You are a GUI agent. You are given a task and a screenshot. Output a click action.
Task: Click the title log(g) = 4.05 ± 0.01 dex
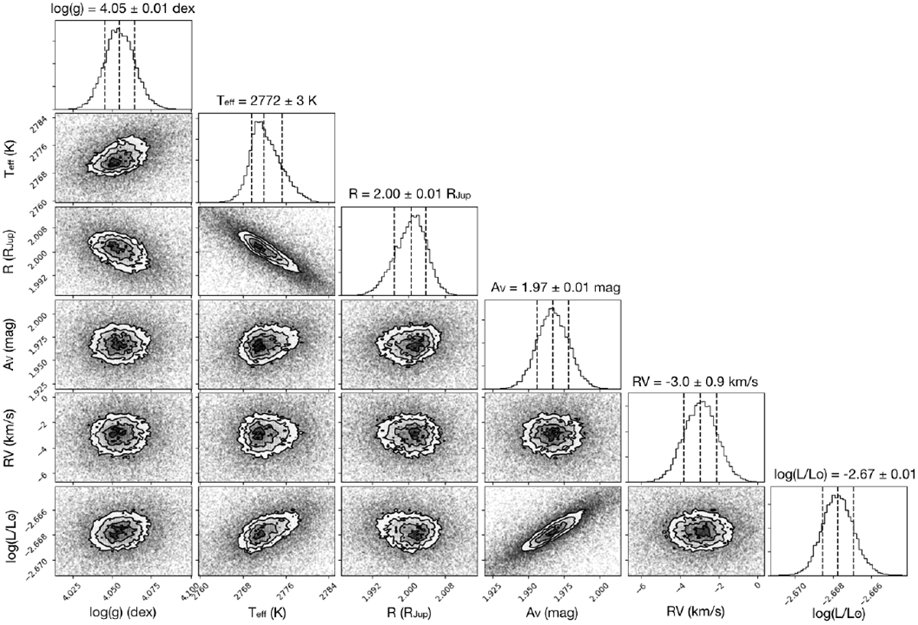point(122,8)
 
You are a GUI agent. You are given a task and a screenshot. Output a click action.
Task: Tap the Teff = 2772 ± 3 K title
point(266,100)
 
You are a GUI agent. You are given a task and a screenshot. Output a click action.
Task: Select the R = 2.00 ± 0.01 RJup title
point(409,194)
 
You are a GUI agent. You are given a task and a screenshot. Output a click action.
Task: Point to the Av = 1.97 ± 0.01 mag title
point(555,288)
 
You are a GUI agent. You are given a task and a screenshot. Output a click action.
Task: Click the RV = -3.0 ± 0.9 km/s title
point(695,382)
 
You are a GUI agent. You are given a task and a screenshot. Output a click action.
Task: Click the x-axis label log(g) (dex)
point(123,612)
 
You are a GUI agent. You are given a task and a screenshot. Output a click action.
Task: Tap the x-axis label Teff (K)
point(267,612)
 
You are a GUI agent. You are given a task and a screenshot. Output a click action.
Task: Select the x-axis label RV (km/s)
point(695,611)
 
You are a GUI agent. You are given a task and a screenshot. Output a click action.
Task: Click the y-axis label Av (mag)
point(9,344)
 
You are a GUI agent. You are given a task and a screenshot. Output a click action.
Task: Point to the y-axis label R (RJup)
point(9,251)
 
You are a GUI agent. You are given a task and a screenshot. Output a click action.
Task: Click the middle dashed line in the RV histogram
point(700,437)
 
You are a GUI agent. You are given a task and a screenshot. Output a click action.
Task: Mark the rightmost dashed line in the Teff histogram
point(282,158)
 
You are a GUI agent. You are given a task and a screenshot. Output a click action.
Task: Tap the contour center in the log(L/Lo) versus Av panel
point(552,532)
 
